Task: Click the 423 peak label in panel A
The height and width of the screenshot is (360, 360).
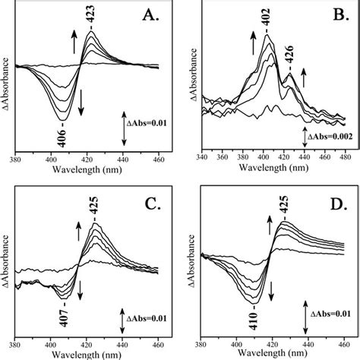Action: (92, 17)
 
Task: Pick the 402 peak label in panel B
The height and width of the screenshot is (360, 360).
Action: (267, 25)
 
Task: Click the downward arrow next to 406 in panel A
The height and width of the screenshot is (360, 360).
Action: (81, 106)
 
